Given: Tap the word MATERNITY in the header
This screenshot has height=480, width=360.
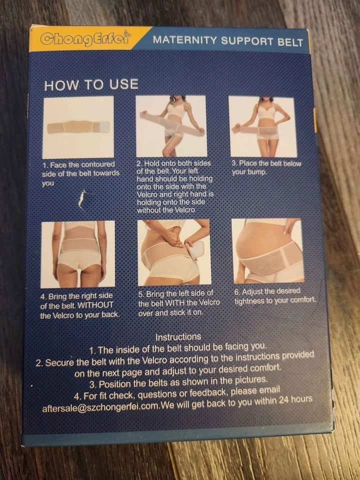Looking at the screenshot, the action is pyautogui.click(x=185, y=40).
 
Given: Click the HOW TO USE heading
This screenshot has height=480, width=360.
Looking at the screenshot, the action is pyautogui.click(x=91, y=85).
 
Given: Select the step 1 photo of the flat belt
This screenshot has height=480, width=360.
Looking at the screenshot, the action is pyautogui.click(x=78, y=127).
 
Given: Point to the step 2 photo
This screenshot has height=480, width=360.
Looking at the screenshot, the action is pyautogui.click(x=171, y=126).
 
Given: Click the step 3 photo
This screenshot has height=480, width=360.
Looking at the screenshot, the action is pyautogui.click(x=262, y=127).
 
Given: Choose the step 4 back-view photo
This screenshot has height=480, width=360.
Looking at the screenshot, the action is pyautogui.click(x=78, y=254).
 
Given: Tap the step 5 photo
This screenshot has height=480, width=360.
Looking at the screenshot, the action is pyautogui.click(x=174, y=252).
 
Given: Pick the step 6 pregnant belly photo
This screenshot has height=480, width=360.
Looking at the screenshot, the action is pyautogui.click(x=268, y=251).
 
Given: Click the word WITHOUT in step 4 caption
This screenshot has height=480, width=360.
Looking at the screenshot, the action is pyautogui.click(x=95, y=305).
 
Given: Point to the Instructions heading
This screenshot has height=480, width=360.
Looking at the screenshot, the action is pyautogui.click(x=178, y=337).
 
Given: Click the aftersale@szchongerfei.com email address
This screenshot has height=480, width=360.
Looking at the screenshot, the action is pyautogui.click(x=100, y=407).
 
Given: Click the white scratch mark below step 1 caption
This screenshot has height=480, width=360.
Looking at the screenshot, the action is pyautogui.click(x=82, y=199).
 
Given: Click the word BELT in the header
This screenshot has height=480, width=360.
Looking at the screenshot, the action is pyautogui.click(x=290, y=42).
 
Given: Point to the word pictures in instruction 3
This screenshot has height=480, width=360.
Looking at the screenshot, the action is pyautogui.click(x=251, y=380).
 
